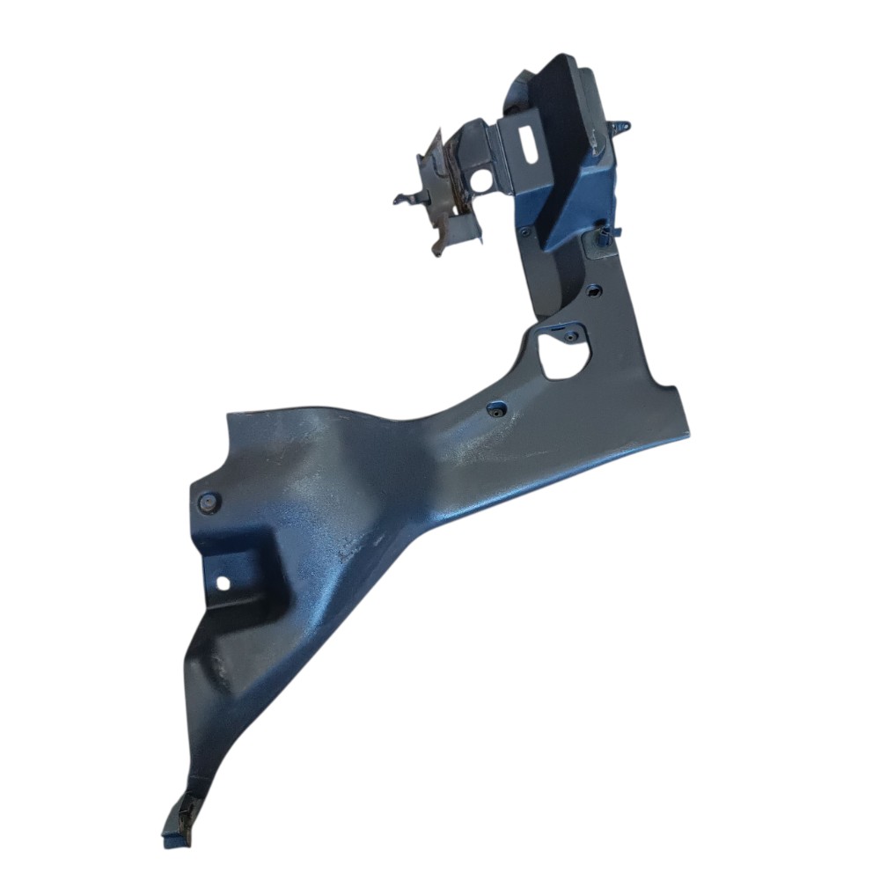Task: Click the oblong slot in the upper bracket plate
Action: tap(532, 143)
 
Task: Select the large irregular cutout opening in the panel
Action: tap(561, 356)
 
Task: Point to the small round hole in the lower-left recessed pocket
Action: tap(223, 582)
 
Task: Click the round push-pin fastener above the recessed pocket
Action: tap(209, 502)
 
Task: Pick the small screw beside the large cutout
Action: tap(571, 335)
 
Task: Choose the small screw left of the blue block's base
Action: tap(525, 233)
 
